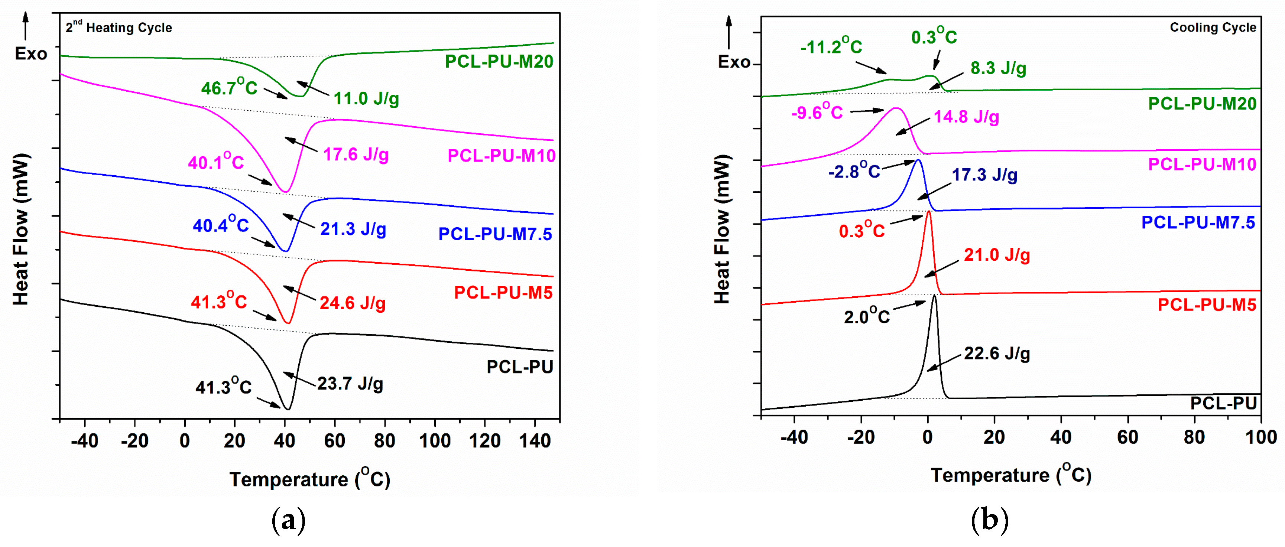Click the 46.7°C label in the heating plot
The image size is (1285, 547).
pyautogui.click(x=229, y=87)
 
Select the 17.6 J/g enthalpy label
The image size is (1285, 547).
pyautogui.click(x=356, y=154)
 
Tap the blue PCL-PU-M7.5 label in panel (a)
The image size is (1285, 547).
pyautogui.click(x=495, y=234)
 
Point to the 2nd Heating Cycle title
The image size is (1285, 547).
pyautogui.click(x=119, y=27)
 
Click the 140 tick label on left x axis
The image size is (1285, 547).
pyautogui.click(x=535, y=441)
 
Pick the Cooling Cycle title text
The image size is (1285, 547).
pyautogui.click(x=1213, y=27)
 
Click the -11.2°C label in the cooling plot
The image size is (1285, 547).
pyautogui.click(x=831, y=46)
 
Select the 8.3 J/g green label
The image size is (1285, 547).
pyautogui.click(x=998, y=68)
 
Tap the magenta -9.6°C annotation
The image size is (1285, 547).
pyautogui.click(x=817, y=112)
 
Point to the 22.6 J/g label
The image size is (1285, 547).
pyautogui.click(x=997, y=353)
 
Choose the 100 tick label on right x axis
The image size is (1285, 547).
pyautogui.click(x=1260, y=437)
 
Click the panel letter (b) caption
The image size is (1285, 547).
pyautogui.click(x=990, y=520)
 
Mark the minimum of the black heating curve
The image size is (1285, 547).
pyautogui.click(x=287, y=409)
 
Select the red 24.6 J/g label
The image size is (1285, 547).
pyautogui.click(x=352, y=303)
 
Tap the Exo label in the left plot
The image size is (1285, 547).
pyautogui.click(x=30, y=54)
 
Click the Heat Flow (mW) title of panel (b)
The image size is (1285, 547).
pyautogui.click(x=722, y=229)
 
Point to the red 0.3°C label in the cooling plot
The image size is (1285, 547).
pyautogui.click(x=861, y=230)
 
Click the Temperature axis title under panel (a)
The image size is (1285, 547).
pyautogui.click(x=309, y=479)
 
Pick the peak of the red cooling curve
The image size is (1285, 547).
pyautogui.click(x=928, y=212)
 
